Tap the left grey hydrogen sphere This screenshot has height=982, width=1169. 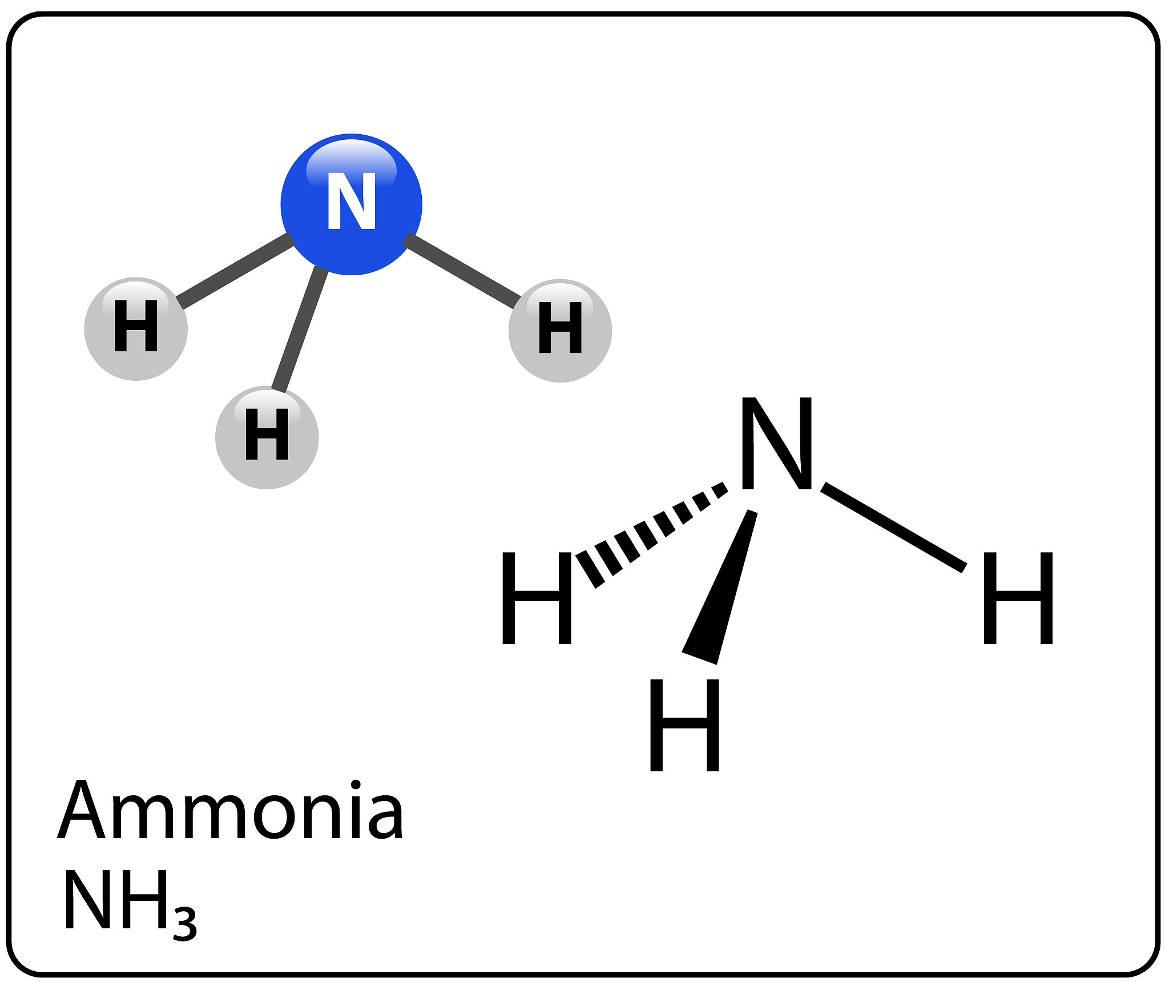pyautogui.click(x=135, y=329)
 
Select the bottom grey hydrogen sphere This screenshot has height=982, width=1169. pyautogui.click(x=267, y=437)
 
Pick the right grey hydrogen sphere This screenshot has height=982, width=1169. pyautogui.click(x=560, y=331)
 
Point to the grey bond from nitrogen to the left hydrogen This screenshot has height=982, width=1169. pyautogui.click(x=235, y=271)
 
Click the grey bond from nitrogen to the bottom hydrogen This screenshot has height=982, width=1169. pyautogui.click(x=300, y=329)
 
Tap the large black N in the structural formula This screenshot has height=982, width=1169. pyautogui.click(x=776, y=443)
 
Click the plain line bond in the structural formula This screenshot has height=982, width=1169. pyautogui.click(x=893, y=526)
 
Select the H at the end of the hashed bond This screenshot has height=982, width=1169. pyautogui.click(x=537, y=598)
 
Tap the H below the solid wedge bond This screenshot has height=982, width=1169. pyautogui.click(x=684, y=725)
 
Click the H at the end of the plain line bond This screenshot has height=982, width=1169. pyautogui.click(x=1018, y=598)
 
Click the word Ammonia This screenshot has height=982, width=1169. pyautogui.click(x=231, y=811)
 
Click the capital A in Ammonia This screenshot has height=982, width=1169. pyautogui.click(x=82, y=811)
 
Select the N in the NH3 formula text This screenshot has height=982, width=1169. pyautogui.click(x=87, y=900)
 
